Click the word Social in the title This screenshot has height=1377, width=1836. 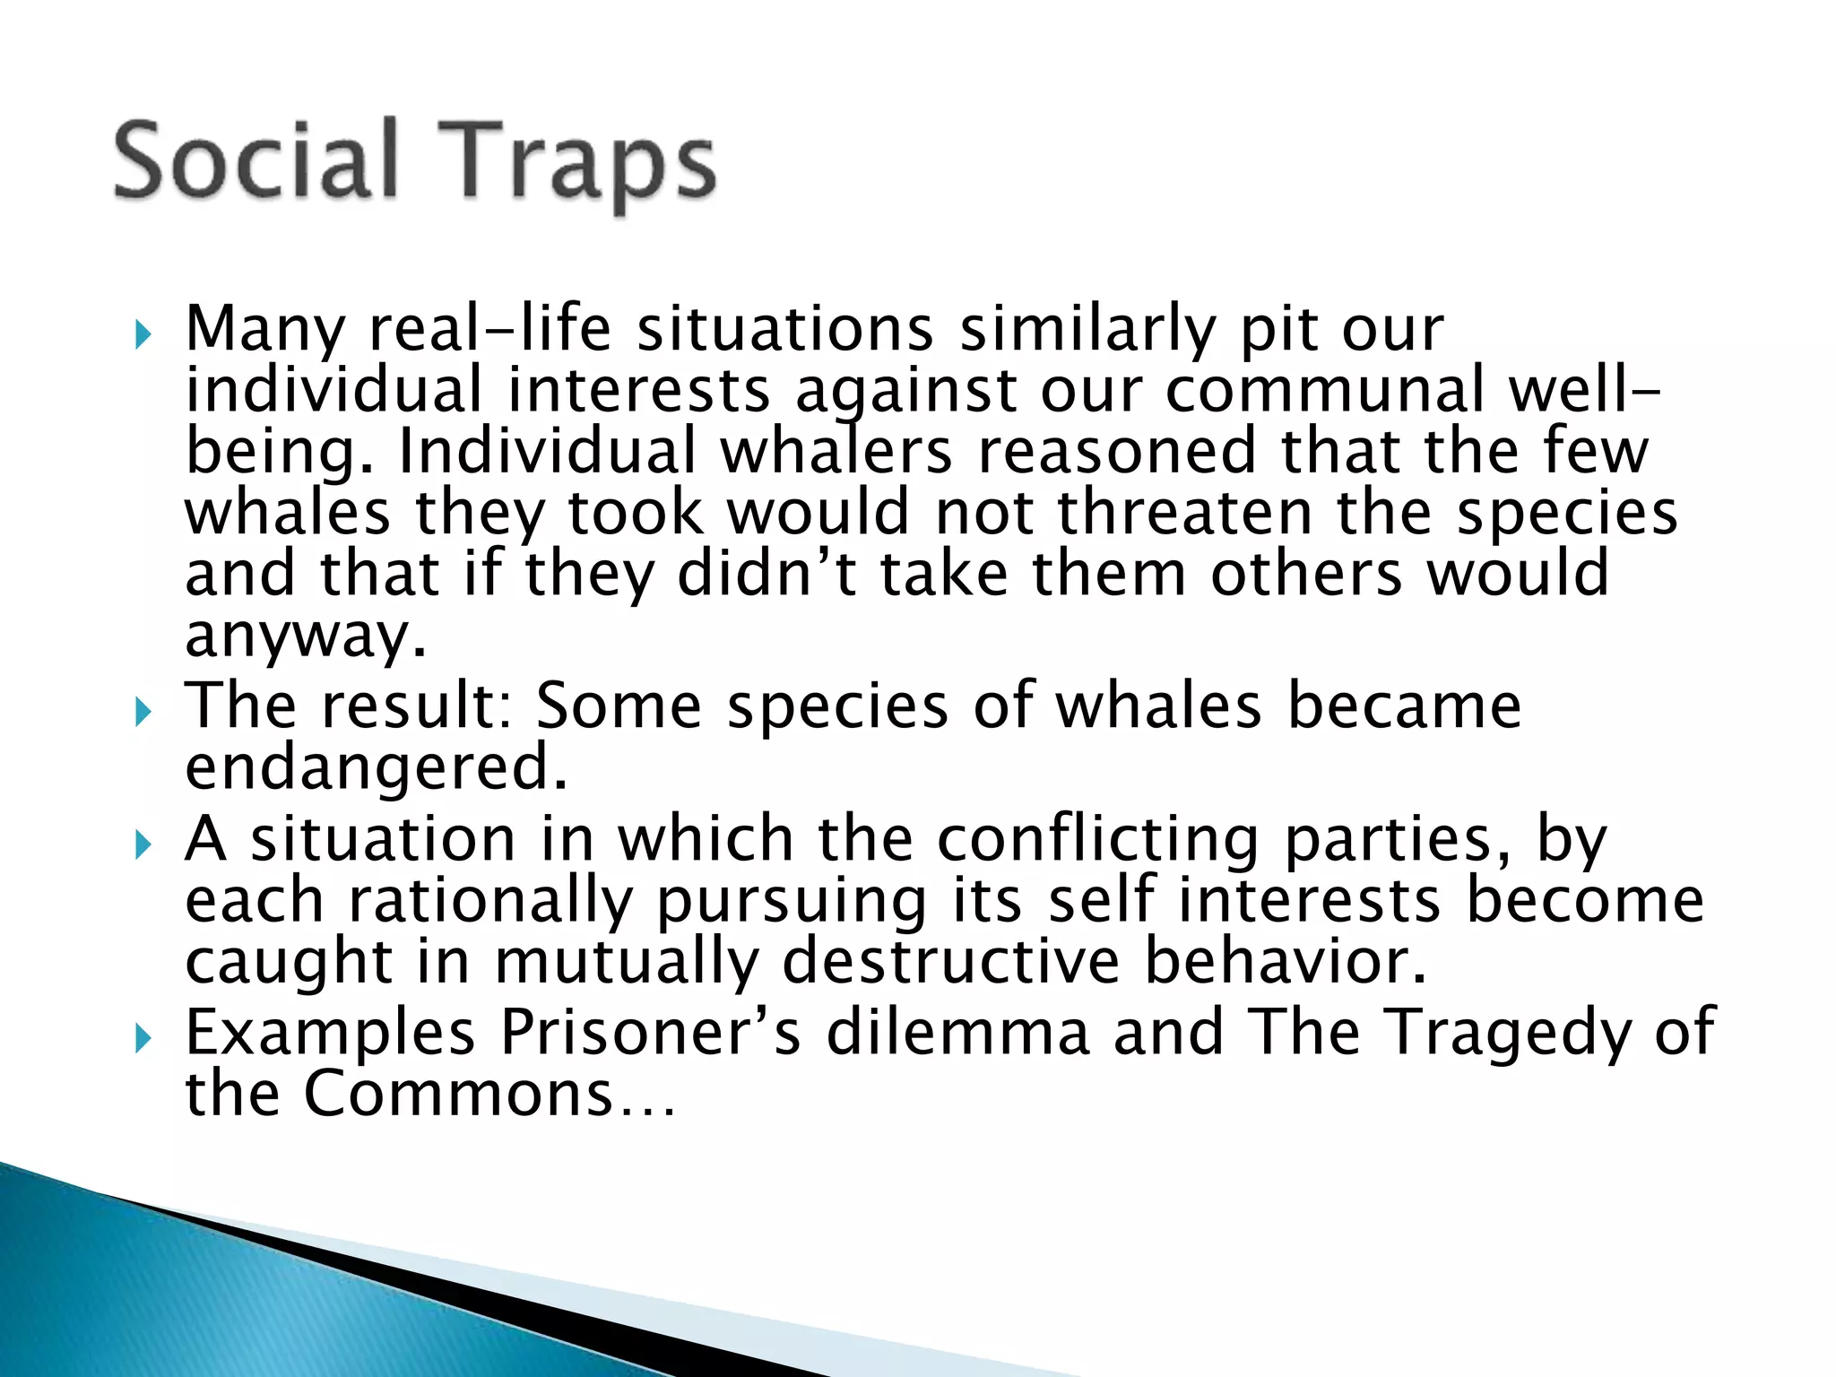click(255, 161)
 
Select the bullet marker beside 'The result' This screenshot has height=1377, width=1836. click(142, 714)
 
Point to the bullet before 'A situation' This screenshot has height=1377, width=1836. click(142, 845)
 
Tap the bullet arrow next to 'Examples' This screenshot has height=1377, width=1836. click(142, 1040)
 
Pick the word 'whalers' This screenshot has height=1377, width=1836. click(836, 451)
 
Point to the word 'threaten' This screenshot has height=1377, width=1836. click(1185, 513)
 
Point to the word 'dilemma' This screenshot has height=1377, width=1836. click(957, 1033)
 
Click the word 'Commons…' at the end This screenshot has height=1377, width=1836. click(489, 1094)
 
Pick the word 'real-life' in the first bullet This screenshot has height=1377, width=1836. click(489, 329)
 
